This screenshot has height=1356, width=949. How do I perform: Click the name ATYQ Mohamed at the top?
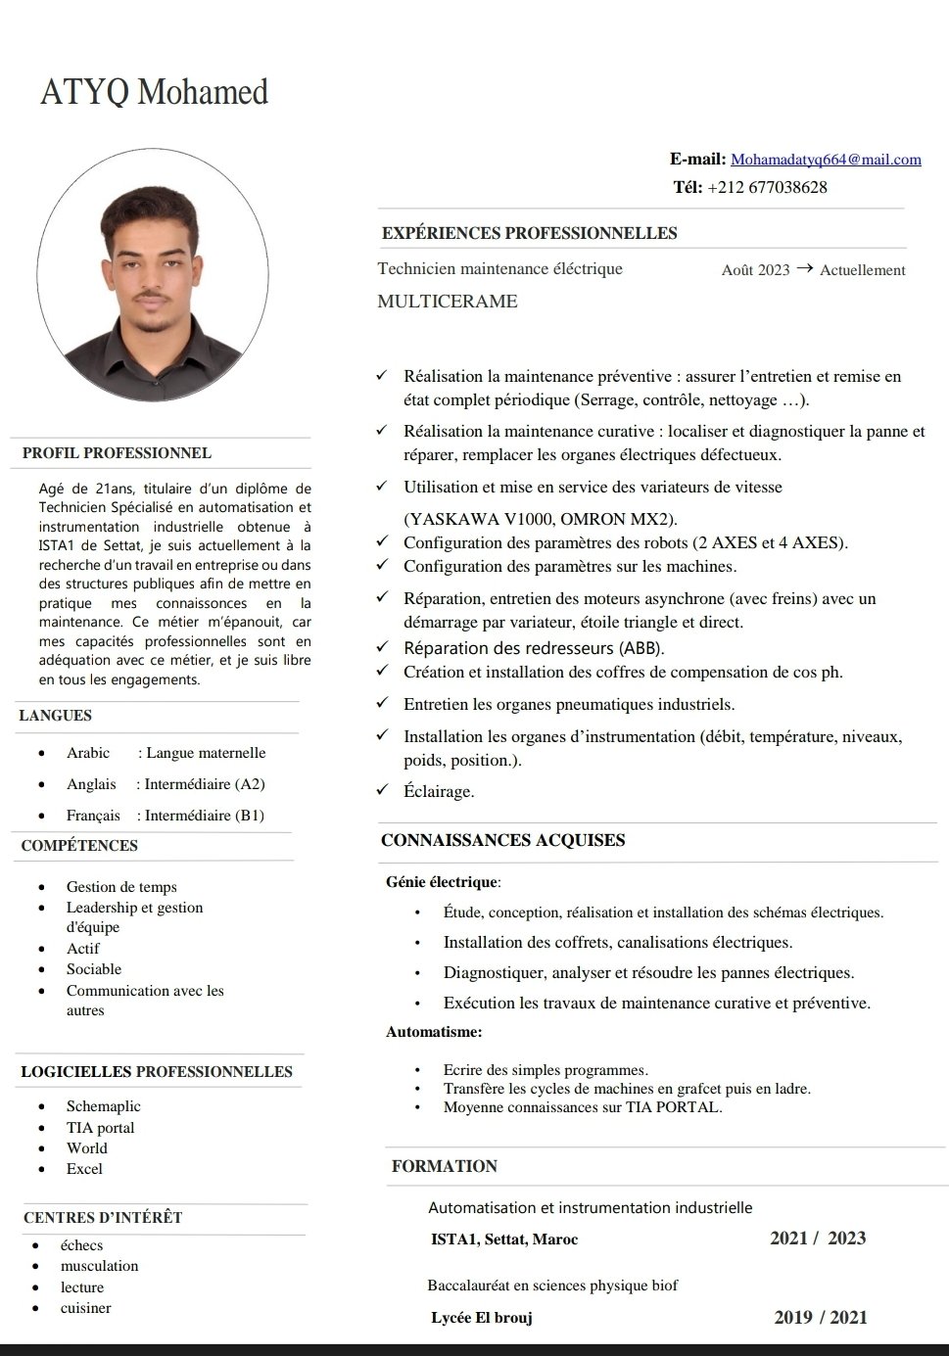click(154, 92)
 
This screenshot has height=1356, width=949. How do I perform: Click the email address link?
click(826, 160)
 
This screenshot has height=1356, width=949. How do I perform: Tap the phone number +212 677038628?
click(767, 187)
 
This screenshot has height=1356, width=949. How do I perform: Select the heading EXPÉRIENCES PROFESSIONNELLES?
click(529, 233)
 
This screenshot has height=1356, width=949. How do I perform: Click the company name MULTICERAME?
click(448, 302)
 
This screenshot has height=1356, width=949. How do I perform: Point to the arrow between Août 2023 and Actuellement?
click(804, 268)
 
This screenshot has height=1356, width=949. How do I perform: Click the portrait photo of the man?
click(154, 279)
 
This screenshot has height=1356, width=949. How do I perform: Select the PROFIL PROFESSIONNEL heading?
click(117, 453)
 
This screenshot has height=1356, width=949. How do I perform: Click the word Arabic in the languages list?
click(88, 753)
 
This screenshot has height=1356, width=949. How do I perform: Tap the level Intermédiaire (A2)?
click(205, 784)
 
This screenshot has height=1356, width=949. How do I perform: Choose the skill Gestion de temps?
click(121, 887)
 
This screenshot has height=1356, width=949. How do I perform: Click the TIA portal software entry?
click(100, 1128)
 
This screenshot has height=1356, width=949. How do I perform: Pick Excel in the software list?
click(84, 1169)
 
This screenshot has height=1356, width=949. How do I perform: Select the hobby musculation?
click(99, 1266)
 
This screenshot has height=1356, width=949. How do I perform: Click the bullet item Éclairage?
click(439, 791)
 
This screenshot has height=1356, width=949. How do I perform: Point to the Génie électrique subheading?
click(442, 882)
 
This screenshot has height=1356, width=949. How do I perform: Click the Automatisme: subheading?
click(434, 1032)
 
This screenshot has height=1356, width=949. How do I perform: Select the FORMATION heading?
click(445, 1166)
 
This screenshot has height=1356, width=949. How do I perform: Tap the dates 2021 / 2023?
click(818, 1239)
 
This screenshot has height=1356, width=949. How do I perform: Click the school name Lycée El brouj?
click(482, 1318)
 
